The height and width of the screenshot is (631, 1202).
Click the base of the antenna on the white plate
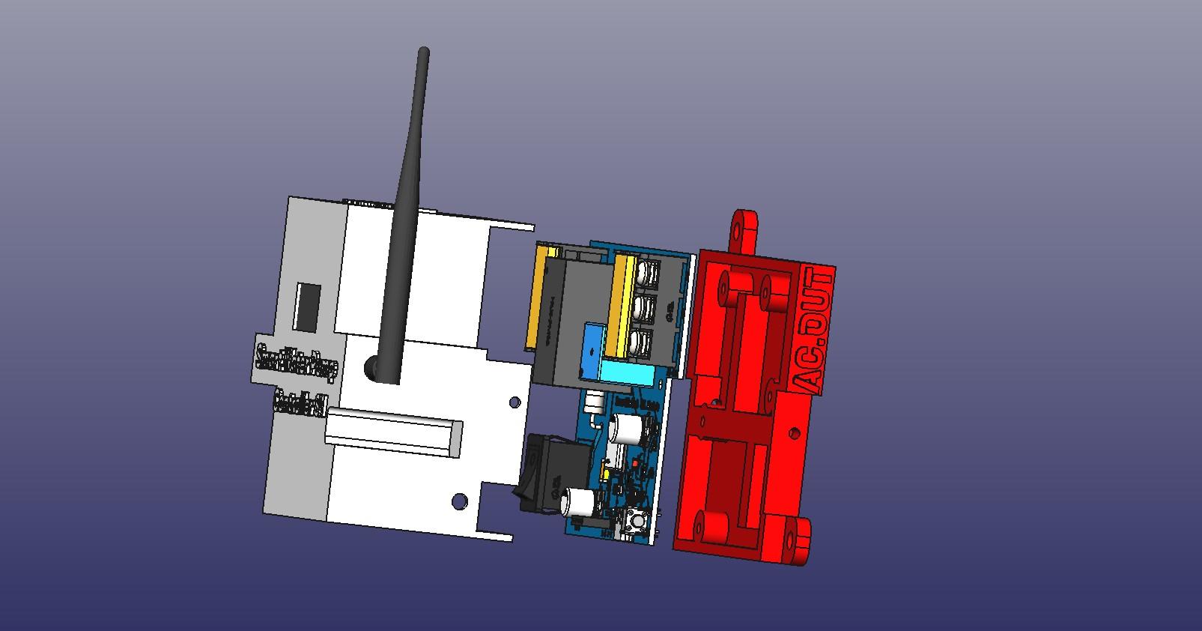(372, 368)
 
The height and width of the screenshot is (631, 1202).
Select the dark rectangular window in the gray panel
(307, 307)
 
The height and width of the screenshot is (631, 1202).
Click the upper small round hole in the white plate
(515, 402)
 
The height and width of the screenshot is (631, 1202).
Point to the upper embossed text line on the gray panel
(297, 361)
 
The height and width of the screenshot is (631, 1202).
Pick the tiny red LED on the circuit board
(634, 465)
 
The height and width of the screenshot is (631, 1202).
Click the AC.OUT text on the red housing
(816, 330)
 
